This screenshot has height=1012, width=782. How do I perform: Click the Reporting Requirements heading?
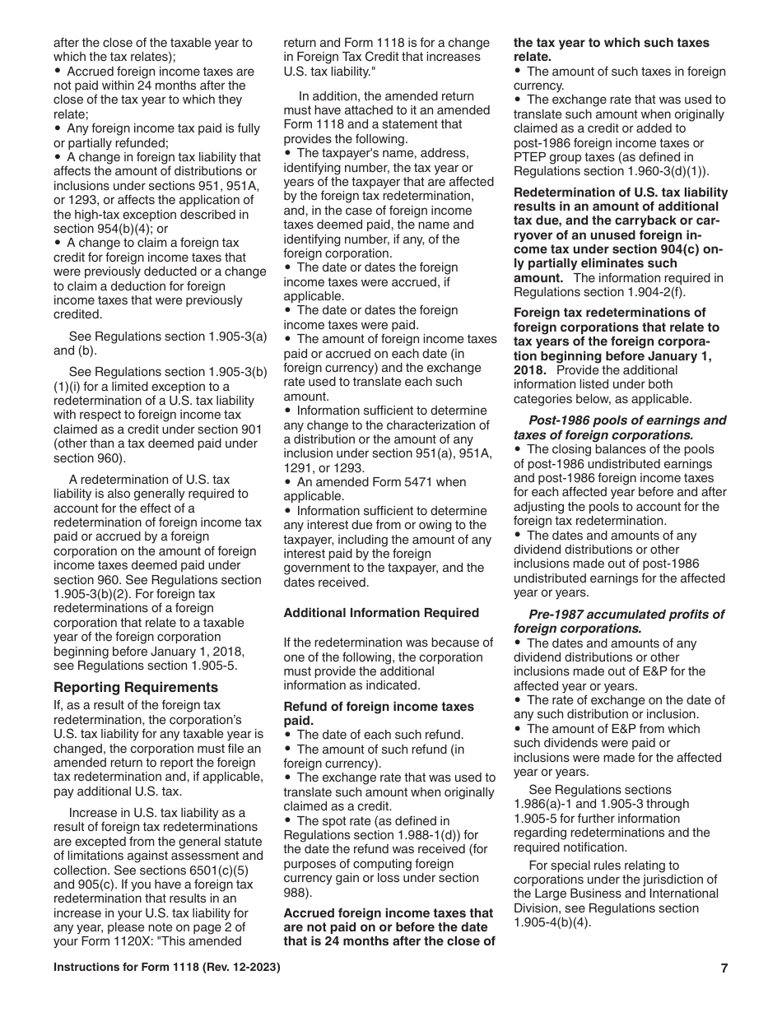[136, 687]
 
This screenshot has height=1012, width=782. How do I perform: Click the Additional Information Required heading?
[380, 613]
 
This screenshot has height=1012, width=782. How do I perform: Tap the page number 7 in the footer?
[724, 968]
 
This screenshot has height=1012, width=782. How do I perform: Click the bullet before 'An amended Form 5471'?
[287, 483]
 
